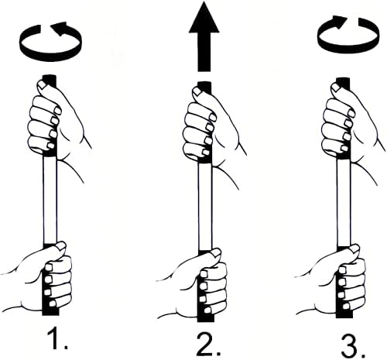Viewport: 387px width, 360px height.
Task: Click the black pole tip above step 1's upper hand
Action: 50,78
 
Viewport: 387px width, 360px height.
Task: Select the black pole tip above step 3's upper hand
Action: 341,80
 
